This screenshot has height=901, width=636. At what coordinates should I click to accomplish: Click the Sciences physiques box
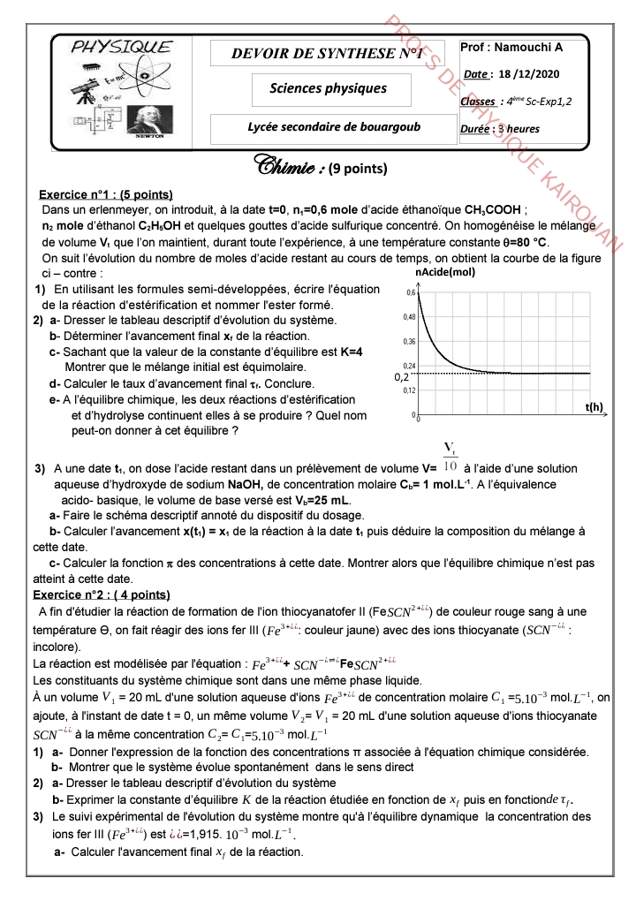pos(328,88)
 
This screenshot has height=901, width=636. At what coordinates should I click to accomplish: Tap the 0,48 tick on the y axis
pos(410,316)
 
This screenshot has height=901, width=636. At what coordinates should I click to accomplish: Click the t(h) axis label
pos(594,406)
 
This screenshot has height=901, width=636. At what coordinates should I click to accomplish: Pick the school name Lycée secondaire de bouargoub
pos(334,126)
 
